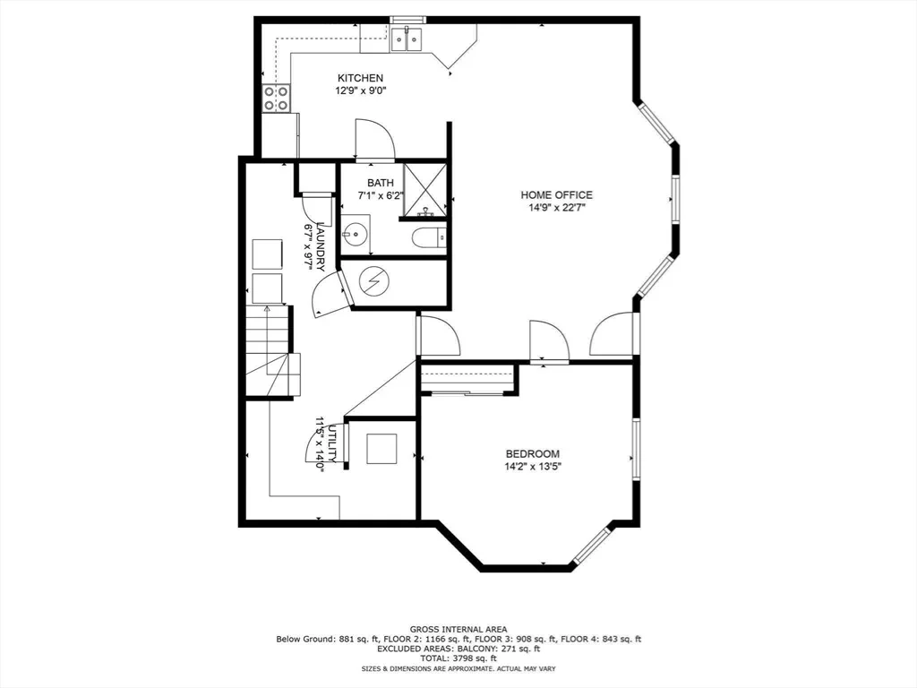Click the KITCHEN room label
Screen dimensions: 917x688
[360, 78]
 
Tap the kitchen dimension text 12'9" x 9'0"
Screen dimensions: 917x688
[360, 90]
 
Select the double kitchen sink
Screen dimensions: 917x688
[407, 39]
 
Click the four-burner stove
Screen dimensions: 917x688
[276, 99]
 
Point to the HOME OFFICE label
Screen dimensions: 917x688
[556, 194]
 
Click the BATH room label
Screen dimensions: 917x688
[380, 183]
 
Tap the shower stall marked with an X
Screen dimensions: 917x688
[425, 190]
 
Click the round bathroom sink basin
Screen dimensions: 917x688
[354, 235]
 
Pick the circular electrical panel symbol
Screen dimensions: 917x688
[373, 282]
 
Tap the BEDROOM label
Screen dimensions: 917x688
[532, 453]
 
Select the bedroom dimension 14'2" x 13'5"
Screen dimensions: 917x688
[532, 467]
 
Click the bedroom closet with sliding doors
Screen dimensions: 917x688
[468, 379]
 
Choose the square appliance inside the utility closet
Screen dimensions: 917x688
[381, 449]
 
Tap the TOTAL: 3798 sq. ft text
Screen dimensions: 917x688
[458, 658]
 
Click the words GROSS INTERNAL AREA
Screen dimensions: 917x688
[458, 630]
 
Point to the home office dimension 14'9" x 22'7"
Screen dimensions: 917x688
[556, 208]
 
